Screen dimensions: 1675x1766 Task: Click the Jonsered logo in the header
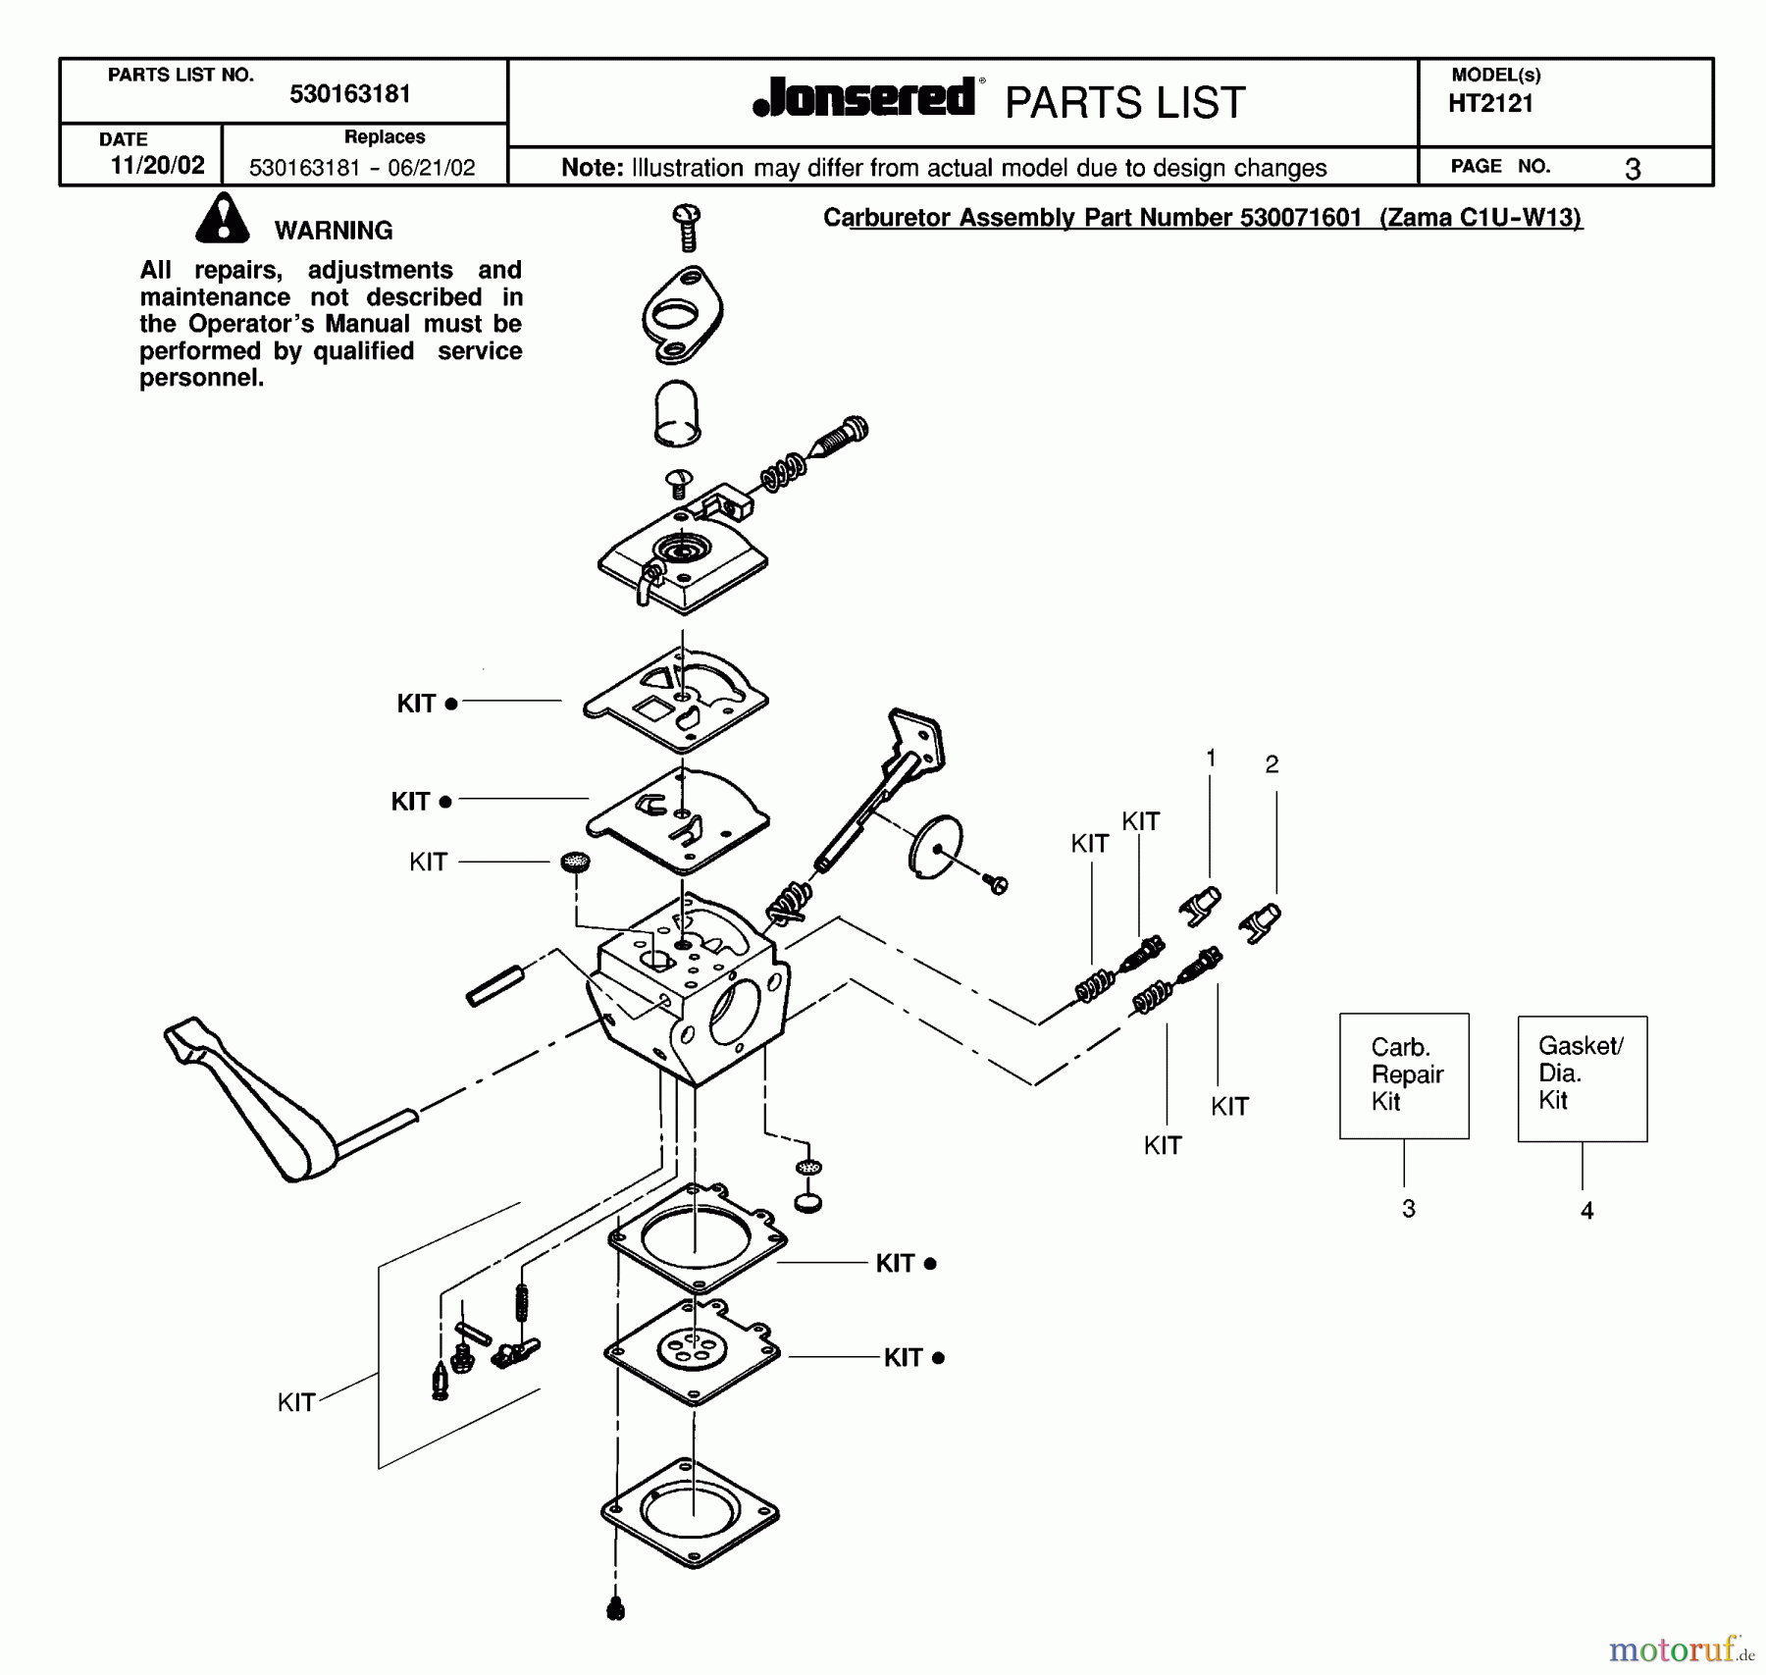pyautogui.click(x=864, y=98)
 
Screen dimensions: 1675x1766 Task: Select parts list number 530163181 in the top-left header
pyautogui.click(x=349, y=94)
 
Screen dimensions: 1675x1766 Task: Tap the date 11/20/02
pyautogui.click(x=157, y=165)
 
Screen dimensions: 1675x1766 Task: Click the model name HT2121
pyautogui.click(x=1490, y=104)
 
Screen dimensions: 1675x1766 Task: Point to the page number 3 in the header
pyautogui.click(x=1633, y=170)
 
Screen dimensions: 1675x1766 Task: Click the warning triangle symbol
pyautogui.click(x=223, y=220)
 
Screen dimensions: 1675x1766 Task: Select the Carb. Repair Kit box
pyautogui.click(x=1404, y=1075)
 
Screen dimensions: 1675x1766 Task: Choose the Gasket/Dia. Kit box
pyautogui.click(x=1582, y=1077)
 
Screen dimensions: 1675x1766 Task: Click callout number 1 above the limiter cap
pyautogui.click(x=1211, y=759)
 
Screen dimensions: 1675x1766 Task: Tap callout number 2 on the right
pyautogui.click(x=1272, y=764)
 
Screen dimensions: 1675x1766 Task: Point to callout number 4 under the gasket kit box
pyautogui.click(x=1586, y=1211)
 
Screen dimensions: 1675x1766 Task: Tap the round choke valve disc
pyautogui.click(x=935, y=845)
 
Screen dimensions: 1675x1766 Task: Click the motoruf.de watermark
pyautogui.click(x=1681, y=1649)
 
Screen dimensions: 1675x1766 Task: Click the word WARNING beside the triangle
pyautogui.click(x=334, y=231)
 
